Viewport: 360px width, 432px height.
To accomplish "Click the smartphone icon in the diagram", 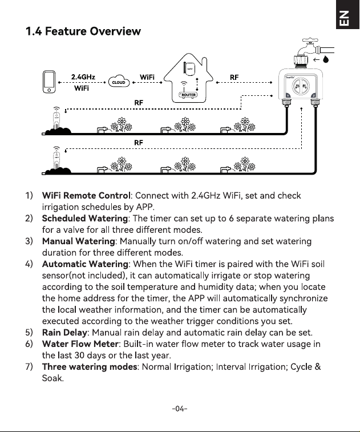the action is (x=49, y=82).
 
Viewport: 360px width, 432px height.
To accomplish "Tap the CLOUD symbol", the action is (x=119, y=81).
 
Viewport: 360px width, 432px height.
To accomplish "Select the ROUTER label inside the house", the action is (x=188, y=95).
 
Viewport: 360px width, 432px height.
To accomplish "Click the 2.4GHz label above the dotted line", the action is (x=83, y=77).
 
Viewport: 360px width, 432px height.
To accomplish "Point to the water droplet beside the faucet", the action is (x=326, y=59).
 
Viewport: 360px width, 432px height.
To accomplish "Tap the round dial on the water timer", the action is (x=301, y=86).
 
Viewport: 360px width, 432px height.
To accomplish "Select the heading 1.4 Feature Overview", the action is (x=83, y=31).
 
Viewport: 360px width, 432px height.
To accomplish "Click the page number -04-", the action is (x=180, y=408).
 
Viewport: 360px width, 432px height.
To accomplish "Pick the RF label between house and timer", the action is (x=234, y=78).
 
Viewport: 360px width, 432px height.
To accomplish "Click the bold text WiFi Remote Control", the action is (x=86, y=195).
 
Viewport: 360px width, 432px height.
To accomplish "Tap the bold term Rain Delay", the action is (x=64, y=332).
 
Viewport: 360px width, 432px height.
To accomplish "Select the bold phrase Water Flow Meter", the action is (x=80, y=344).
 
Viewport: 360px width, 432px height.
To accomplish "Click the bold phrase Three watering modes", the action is (x=90, y=367).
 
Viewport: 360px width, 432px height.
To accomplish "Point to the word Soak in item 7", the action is (x=52, y=378).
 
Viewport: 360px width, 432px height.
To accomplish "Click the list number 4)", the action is (x=29, y=264).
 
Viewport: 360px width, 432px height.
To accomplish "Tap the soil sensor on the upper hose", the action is (x=56, y=119).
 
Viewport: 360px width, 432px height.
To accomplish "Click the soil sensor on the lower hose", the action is (x=56, y=159).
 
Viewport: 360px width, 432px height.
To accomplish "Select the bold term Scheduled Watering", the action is (x=85, y=218).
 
